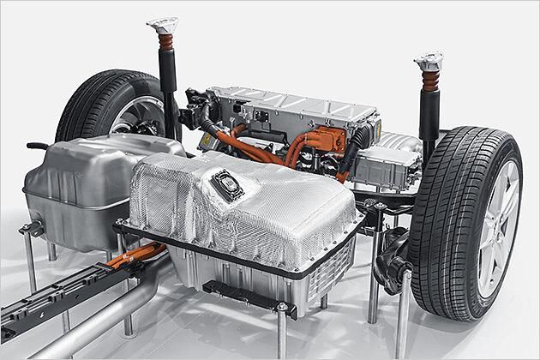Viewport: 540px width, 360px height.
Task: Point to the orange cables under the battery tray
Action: (141, 254)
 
